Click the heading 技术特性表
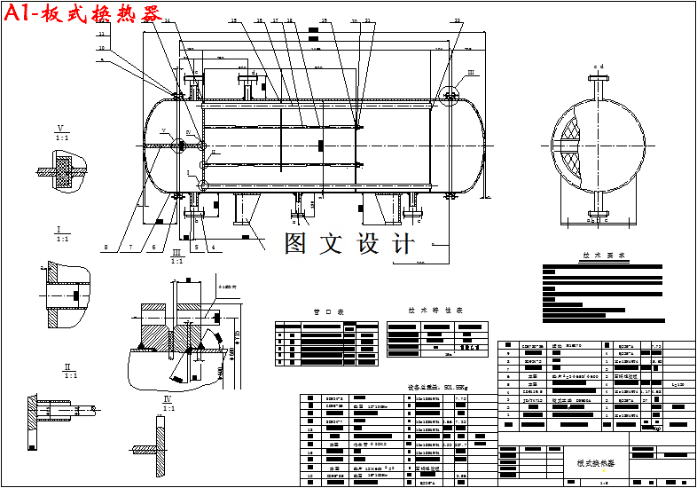point(435,311)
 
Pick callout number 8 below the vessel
point(105,247)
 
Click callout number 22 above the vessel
point(458,20)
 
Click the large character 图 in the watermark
point(299,243)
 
